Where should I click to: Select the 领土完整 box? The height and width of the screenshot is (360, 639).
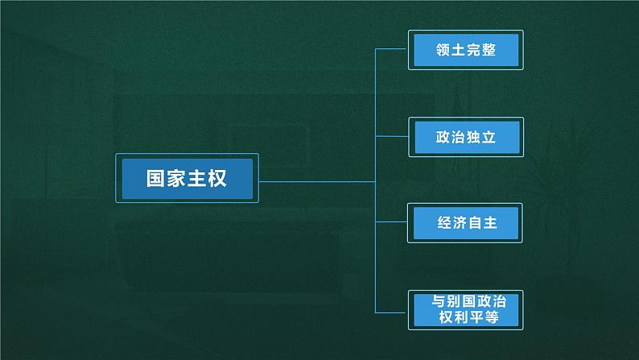tap(465, 50)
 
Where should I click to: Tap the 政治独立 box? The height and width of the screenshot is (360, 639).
tap(465, 138)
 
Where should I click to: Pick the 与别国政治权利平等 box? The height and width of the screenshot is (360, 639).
tap(465, 310)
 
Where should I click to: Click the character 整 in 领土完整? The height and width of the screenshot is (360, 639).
tap(489, 50)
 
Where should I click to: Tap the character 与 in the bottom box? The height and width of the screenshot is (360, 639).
tap(438, 301)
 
